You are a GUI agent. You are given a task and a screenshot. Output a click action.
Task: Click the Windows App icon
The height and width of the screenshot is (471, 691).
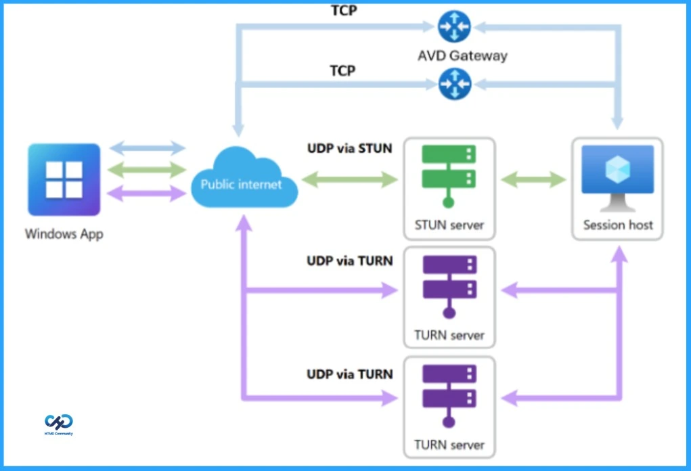[x=64, y=179]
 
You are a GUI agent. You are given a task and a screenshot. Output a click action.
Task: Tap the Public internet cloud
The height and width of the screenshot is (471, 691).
[x=242, y=180]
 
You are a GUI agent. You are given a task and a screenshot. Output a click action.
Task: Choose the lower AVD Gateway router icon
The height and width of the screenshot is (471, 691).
[x=454, y=84]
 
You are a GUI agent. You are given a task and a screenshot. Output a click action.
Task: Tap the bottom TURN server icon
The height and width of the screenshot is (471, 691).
[x=449, y=395]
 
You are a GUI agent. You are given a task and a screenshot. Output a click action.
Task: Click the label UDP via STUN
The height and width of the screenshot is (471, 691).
[x=349, y=148]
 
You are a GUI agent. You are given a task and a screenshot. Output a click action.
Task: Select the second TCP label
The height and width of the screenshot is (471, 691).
[x=342, y=70]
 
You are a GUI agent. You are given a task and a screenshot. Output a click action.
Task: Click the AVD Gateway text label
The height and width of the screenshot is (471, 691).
[x=462, y=55]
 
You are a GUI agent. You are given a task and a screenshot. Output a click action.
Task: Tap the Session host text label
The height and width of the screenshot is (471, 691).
[x=618, y=225]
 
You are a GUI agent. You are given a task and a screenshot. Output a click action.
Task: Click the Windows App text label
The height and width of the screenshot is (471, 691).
[x=64, y=234]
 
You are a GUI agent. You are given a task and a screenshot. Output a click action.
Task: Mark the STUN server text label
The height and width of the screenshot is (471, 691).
[x=449, y=225]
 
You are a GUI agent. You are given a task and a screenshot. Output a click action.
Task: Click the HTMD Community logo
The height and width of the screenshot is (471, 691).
[x=59, y=424]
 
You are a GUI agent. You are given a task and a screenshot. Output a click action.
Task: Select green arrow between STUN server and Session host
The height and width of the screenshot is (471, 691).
[x=534, y=179]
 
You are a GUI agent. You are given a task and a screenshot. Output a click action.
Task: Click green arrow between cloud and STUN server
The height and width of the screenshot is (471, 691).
[x=349, y=179]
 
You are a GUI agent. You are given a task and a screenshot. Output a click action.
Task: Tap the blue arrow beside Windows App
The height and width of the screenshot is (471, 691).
[x=147, y=148]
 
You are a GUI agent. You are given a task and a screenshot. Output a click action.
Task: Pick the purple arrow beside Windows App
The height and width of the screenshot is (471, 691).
[x=147, y=193]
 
